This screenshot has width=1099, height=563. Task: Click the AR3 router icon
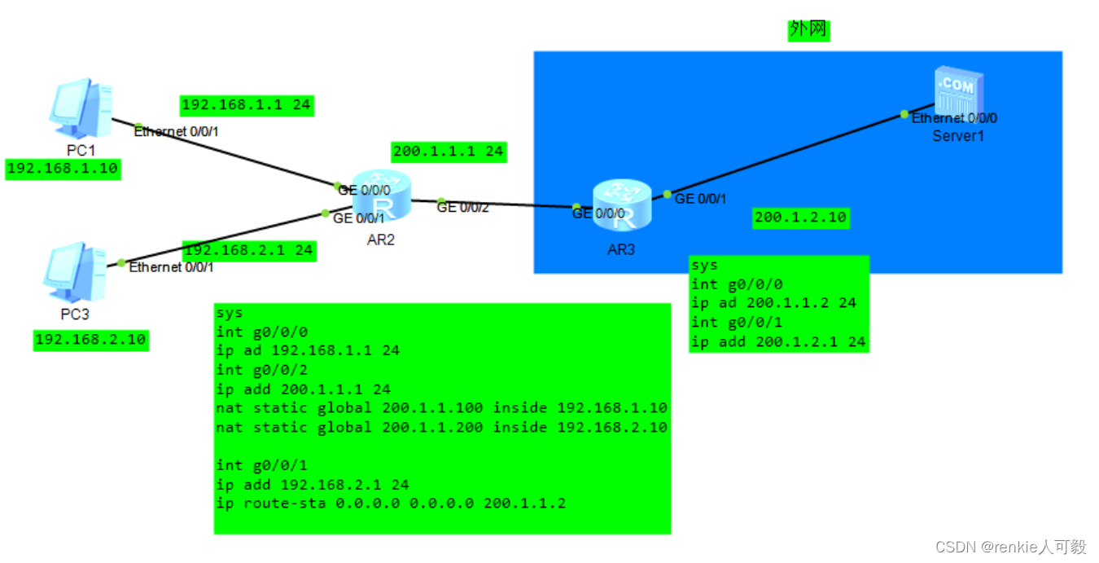coord(621,204)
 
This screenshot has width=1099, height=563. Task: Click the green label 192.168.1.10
coord(63,169)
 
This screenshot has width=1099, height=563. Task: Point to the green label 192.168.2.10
coord(91,340)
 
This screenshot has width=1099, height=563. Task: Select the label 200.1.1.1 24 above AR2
coord(448,151)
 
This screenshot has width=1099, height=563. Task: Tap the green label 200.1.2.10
coord(800,218)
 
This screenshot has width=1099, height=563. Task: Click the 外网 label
coord(808,30)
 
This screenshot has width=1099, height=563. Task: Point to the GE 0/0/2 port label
coord(463,208)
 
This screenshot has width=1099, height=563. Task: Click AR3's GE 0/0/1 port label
coord(700,198)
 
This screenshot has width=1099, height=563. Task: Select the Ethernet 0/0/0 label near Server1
coord(954,118)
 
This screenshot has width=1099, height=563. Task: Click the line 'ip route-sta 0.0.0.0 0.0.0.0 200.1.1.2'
coord(391,504)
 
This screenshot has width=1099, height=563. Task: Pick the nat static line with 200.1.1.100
coord(441,407)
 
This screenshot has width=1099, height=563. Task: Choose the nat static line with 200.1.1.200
coord(441,427)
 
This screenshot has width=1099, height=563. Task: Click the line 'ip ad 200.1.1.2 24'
coord(773,302)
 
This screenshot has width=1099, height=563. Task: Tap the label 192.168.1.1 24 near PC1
coord(245,105)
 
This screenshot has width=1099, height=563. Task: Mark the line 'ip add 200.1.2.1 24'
coord(778,341)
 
